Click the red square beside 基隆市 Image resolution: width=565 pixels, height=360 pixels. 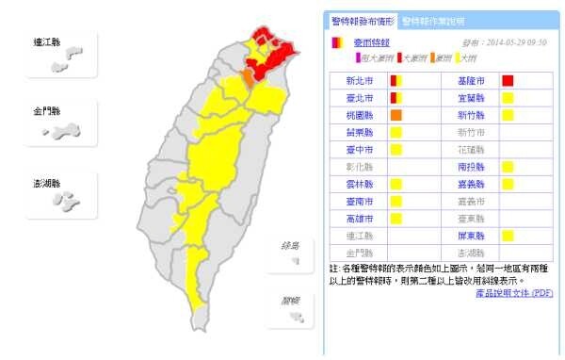pyautogui.click(x=508, y=80)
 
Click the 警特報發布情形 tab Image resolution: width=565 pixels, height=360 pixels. pyautogui.click(x=362, y=21)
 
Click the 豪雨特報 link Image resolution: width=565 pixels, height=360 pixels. pyautogui.click(x=369, y=43)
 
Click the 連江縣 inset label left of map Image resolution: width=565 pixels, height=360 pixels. pyautogui.click(x=45, y=42)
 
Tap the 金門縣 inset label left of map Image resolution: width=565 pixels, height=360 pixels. pyautogui.click(x=45, y=112)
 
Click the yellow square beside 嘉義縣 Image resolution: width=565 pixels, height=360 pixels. pyautogui.click(x=508, y=184)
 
